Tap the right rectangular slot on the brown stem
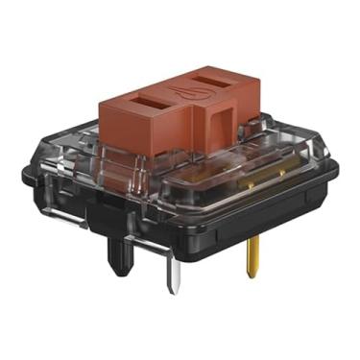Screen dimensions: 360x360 tap(212, 76)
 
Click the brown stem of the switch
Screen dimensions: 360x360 tap(182, 110)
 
